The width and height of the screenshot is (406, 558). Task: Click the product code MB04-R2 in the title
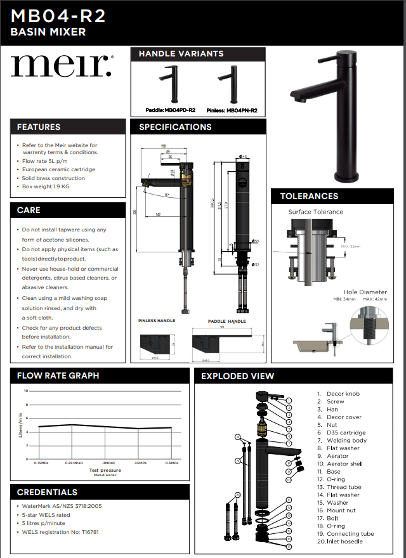pyautogui.click(x=58, y=16)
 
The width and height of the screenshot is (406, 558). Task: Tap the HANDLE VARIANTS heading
pyautogui.click(x=181, y=54)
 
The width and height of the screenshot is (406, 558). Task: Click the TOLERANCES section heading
pyautogui.click(x=309, y=196)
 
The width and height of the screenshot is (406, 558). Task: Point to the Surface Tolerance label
pyautogui.click(x=315, y=212)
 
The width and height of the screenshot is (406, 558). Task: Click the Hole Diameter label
pyautogui.click(x=365, y=292)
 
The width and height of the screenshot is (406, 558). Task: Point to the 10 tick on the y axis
pyautogui.click(x=26, y=391)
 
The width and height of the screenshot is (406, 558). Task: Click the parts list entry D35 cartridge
pyautogui.click(x=346, y=432)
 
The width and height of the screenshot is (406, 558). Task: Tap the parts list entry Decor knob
pyautogui.click(x=343, y=394)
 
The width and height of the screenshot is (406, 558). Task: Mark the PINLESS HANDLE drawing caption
pyautogui.click(x=157, y=321)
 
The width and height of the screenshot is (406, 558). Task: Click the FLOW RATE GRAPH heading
pyautogui.click(x=58, y=375)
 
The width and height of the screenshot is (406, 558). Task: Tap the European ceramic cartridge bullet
pyautogui.click(x=58, y=169)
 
